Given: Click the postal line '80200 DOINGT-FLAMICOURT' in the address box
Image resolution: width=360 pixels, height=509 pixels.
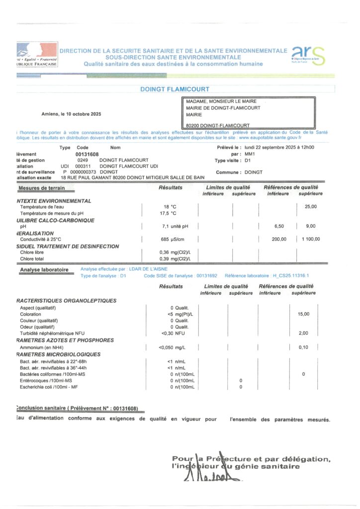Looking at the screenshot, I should click(218, 125).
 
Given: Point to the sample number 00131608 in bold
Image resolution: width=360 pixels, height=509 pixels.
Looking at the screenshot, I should click(88, 154).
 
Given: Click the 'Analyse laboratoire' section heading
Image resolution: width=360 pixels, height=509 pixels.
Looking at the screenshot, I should click(44, 269).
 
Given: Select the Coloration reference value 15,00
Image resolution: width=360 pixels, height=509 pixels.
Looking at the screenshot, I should click(303, 314).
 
